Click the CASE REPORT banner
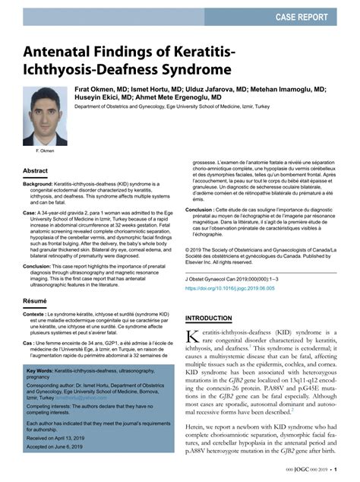311,14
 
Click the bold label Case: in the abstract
30,214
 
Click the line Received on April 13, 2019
60,461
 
